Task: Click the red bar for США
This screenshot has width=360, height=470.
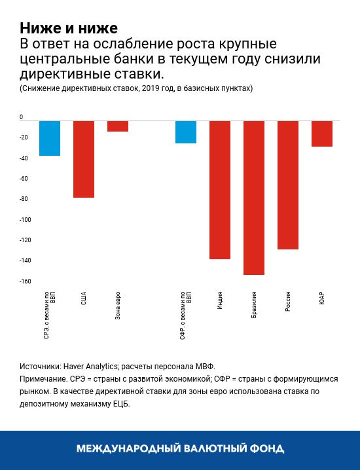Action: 84,159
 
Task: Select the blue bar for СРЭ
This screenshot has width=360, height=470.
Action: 50,138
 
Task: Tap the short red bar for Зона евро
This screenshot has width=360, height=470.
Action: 118,126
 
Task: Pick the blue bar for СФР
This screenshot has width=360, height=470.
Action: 186,132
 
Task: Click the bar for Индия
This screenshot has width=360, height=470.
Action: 220,190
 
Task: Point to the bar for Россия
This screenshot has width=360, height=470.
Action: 288,185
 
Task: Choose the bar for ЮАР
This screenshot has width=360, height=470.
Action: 322,134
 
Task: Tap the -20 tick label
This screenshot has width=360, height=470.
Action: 24,137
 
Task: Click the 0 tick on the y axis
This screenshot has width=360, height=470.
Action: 22,117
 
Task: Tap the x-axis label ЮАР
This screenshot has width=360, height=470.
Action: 322,297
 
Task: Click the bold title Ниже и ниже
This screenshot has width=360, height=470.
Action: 68,28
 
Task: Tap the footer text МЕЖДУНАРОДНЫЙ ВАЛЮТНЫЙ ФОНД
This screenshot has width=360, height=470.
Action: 180,449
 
